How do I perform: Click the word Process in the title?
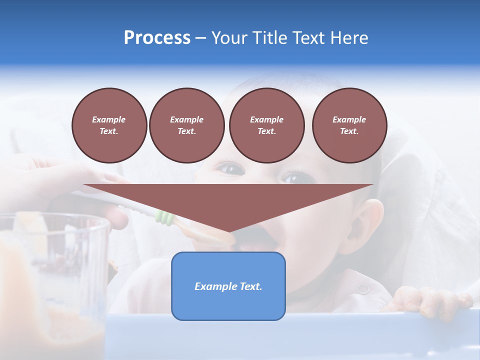[157, 38]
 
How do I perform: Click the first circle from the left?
[109, 125]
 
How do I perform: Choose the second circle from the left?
[186, 125]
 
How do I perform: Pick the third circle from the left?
[266, 125]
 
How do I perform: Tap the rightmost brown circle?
[349, 125]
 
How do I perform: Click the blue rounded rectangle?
[228, 286]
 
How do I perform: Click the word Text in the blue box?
[248, 286]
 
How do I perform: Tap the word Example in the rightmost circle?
[349, 119]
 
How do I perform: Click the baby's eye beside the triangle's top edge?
[294, 177]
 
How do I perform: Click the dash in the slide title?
[200, 38]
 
